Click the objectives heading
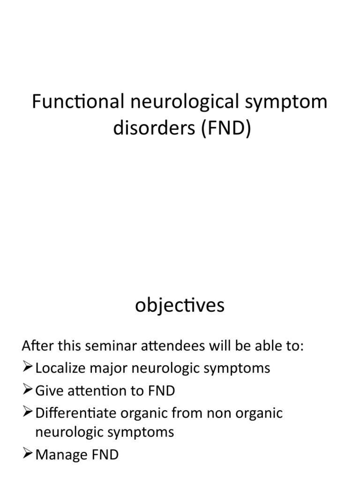click(180, 306)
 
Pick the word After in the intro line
click(36, 346)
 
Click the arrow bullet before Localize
click(27, 367)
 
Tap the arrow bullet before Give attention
click(27, 390)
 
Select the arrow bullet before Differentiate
click(27, 412)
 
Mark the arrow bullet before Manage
click(27, 454)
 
